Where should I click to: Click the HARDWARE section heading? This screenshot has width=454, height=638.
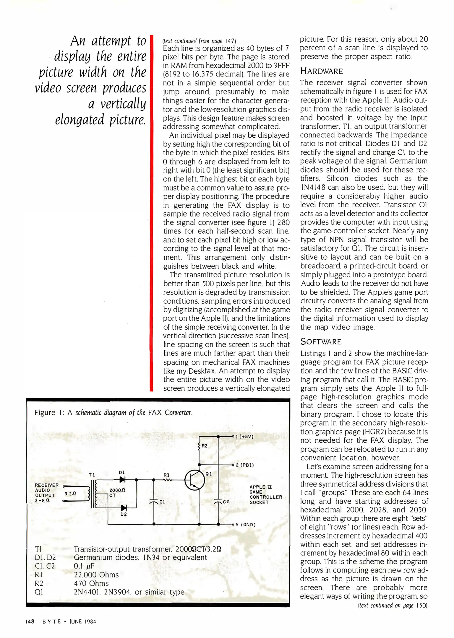point(321,71)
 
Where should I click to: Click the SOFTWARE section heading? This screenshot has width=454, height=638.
point(321,342)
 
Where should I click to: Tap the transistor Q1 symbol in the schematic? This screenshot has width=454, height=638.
point(194,480)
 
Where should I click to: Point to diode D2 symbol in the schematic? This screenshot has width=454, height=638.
point(124,508)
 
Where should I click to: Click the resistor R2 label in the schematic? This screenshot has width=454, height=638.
point(205,446)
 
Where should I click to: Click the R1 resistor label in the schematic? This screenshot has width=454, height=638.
point(167,475)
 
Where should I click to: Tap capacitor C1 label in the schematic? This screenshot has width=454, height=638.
point(162,502)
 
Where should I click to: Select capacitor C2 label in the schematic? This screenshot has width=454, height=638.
point(226,502)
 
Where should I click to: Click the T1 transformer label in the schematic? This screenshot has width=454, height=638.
point(92,475)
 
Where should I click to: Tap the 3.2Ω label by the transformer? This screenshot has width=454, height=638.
point(70,493)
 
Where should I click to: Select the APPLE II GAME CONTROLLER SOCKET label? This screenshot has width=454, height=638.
point(265,494)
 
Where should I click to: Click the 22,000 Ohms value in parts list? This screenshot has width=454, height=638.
point(96,575)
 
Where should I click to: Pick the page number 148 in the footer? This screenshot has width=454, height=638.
point(30,621)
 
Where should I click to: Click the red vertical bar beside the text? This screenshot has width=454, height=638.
point(151,213)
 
